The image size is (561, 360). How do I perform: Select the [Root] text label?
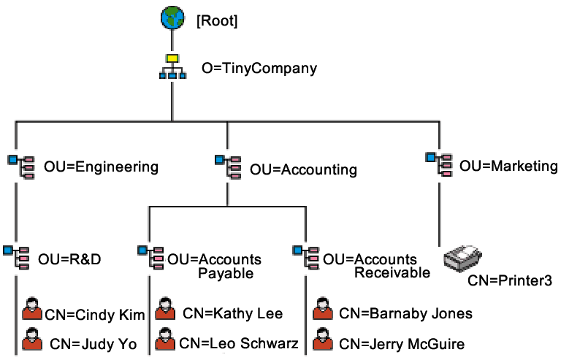[x=217, y=22]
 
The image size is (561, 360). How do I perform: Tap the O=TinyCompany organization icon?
[x=172, y=66]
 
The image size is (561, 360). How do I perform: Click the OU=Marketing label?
[x=508, y=166]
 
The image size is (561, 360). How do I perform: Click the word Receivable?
[x=386, y=273]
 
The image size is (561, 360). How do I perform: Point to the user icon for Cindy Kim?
[x=31, y=310]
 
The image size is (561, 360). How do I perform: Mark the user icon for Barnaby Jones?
[x=322, y=310]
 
